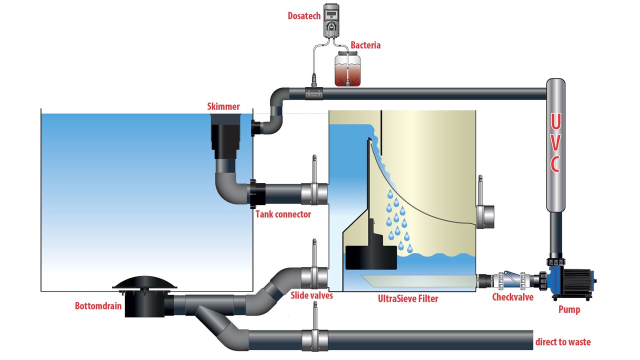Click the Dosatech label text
(303, 15)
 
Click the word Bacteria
(365, 45)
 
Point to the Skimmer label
(223, 106)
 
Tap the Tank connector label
(283, 214)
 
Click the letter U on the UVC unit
(555, 122)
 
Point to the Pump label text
(569, 309)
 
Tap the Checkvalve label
(512, 297)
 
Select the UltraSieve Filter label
(408, 299)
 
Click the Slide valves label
(311, 295)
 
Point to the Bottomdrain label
(98, 305)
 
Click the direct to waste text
(562, 342)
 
